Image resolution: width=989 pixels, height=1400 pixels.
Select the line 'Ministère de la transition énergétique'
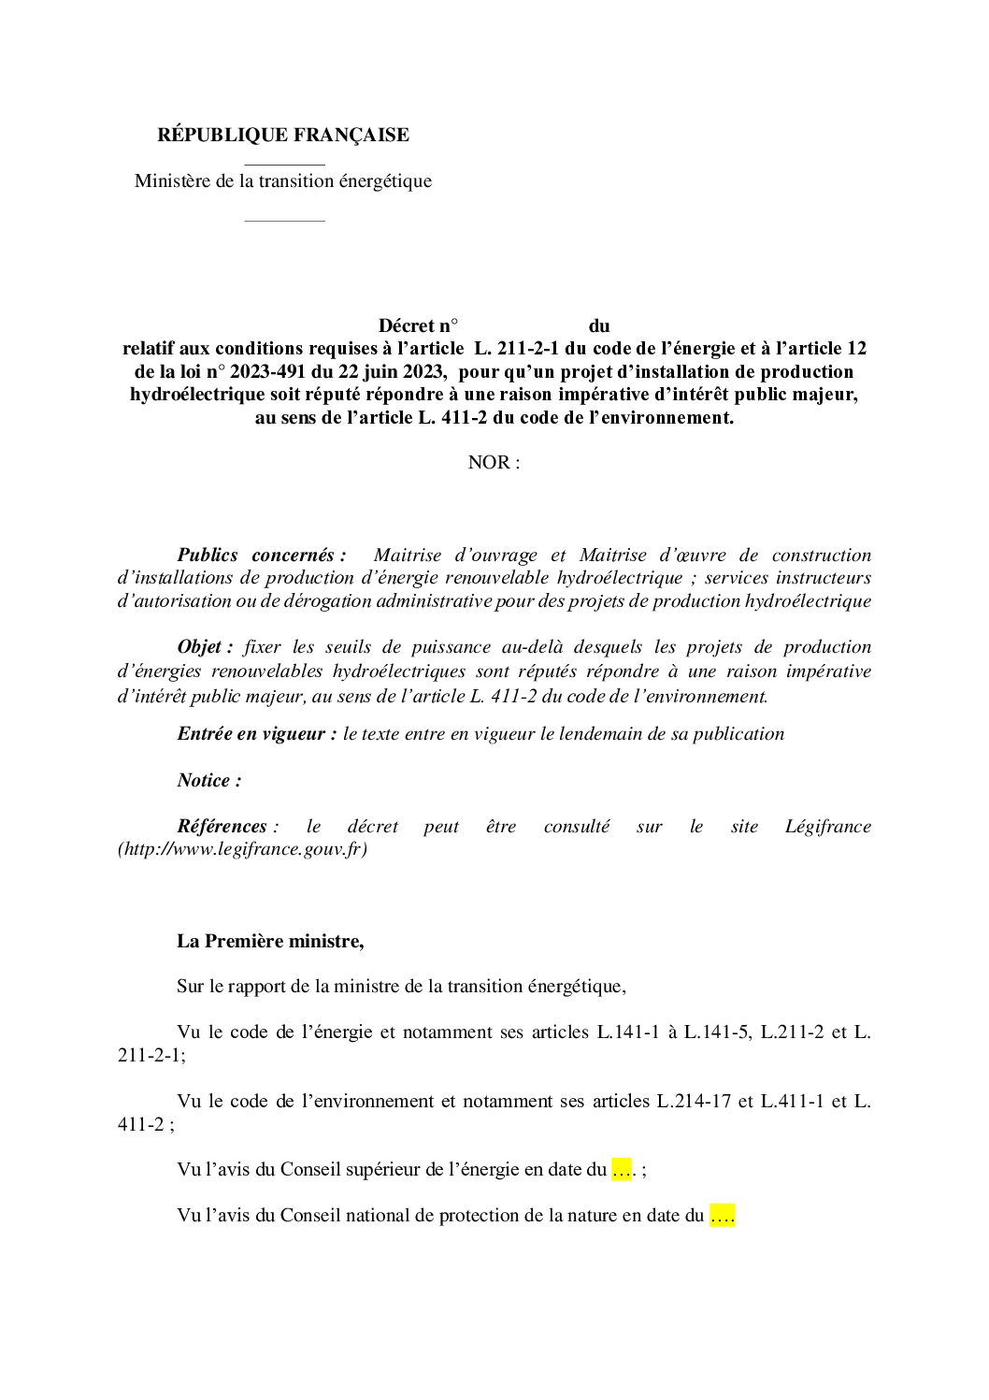pos(282,180)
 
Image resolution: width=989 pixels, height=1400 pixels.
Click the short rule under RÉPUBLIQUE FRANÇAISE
pos(284,165)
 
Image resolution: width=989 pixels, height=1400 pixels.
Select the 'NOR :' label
pos(494,463)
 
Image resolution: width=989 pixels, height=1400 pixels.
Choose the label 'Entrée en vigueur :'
pos(257,734)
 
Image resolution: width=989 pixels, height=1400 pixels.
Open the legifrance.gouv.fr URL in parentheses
pos(243,850)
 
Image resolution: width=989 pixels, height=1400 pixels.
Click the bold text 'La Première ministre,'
pos(270,941)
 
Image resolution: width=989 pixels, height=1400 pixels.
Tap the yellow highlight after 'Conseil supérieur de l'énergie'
pos(623,1170)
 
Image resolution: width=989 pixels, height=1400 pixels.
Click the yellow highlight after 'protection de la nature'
pos(723,1216)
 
